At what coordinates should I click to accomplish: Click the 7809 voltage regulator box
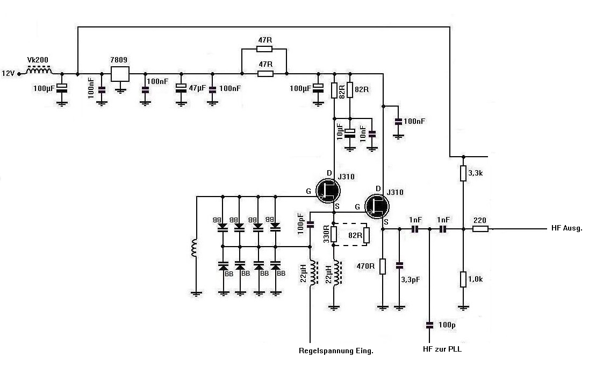(120, 74)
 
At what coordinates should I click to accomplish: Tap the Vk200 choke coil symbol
(40, 71)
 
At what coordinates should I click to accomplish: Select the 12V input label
(9, 73)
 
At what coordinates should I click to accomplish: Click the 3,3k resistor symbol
(463, 173)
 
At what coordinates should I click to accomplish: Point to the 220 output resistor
(480, 229)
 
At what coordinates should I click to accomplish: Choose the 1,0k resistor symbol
(463, 279)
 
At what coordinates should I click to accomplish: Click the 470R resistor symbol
(382, 267)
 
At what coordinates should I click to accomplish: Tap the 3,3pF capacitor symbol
(399, 265)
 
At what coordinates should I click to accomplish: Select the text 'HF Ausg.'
(567, 228)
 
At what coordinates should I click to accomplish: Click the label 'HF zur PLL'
(442, 349)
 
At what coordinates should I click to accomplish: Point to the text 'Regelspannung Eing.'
(336, 351)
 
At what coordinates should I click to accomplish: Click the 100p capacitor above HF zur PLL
(429, 325)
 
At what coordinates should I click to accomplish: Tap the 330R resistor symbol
(334, 234)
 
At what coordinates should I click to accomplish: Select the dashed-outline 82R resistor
(367, 235)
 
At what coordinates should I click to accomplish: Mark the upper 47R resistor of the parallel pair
(264, 49)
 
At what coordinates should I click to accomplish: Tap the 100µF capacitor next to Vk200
(62, 88)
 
